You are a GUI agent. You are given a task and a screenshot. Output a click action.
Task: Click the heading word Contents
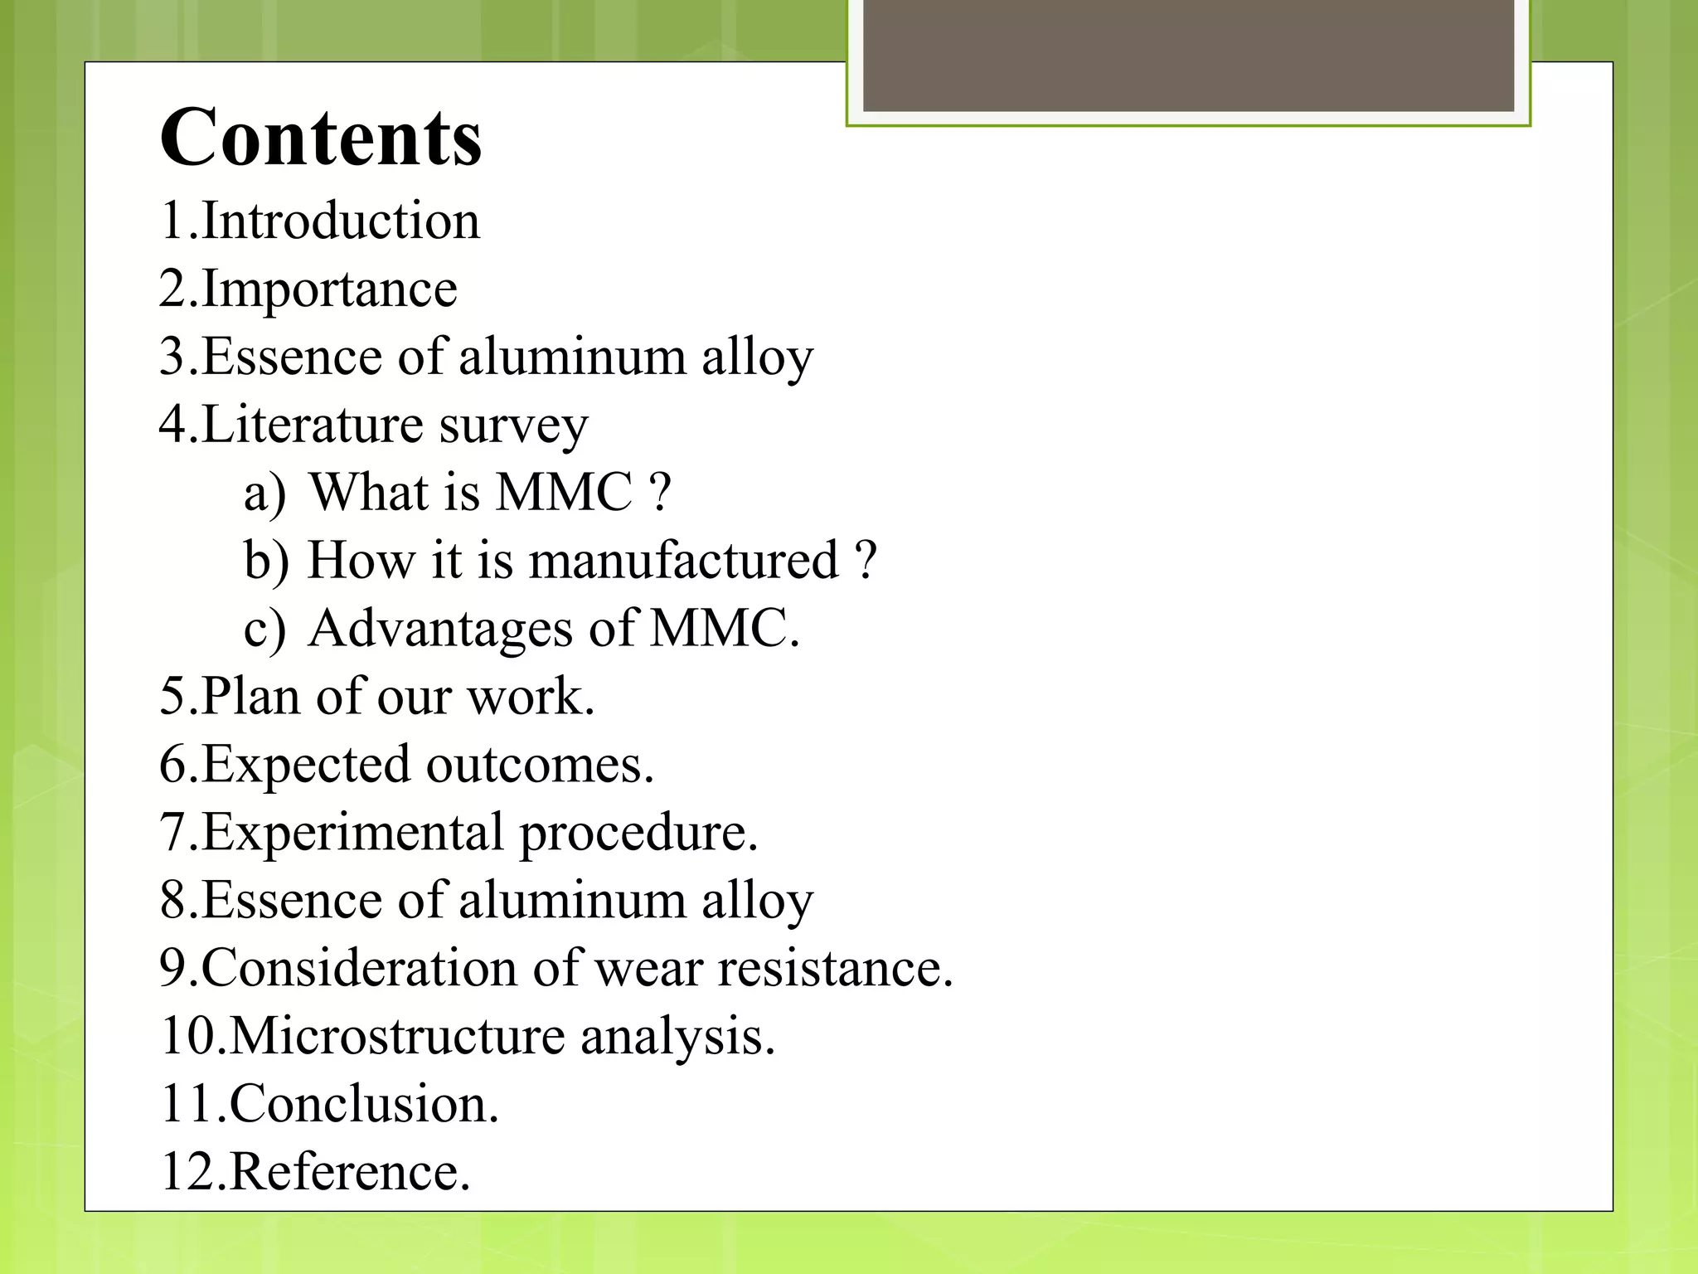point(320,137)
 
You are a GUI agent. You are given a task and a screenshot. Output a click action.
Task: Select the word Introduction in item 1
point(341,221)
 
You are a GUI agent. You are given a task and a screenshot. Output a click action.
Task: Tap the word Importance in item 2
point(329,289)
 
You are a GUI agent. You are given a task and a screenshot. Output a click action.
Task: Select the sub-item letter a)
point(264,494)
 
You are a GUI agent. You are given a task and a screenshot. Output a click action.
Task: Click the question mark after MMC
point(660,493)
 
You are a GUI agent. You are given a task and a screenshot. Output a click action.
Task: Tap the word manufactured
point(683,561)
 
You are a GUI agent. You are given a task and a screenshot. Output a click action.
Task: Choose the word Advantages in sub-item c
point(440,629)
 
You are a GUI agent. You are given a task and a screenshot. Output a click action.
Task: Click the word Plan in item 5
point(250,697)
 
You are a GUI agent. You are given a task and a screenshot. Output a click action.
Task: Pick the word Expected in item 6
point(306,765)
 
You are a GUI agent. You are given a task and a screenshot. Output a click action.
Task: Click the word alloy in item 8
point(758,902)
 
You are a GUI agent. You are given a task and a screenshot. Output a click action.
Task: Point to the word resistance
point(836,969)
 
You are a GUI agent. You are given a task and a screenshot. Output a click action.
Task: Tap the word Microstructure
point(397,1037)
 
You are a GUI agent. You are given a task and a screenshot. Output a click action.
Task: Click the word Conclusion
point(364,1105)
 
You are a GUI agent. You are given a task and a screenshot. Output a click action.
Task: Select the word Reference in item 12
point(350,1173)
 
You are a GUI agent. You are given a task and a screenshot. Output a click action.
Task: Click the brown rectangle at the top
point(1188,55)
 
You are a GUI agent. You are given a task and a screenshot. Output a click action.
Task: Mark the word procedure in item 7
point(638,834)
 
